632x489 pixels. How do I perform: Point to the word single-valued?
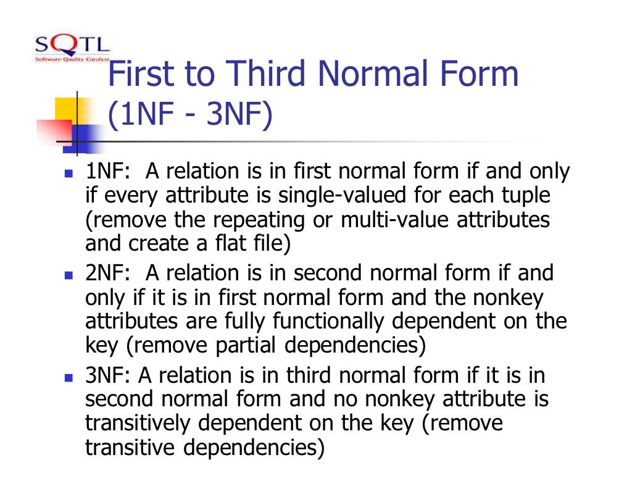tap(330, 196)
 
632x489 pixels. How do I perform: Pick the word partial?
tap(244, 346)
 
